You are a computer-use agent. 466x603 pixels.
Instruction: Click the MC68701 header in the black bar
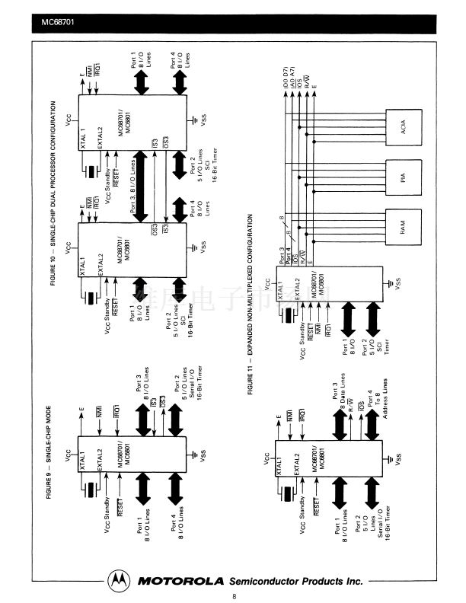(x=57, y=31)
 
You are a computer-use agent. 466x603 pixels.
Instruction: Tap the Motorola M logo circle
(x=118, y=580)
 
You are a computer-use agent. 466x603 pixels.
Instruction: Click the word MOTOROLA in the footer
(x=180, y=580)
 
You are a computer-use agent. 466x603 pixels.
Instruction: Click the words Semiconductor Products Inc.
(x=295, y=580)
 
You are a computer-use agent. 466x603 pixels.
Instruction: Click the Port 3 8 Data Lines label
(x=341, y=394)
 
